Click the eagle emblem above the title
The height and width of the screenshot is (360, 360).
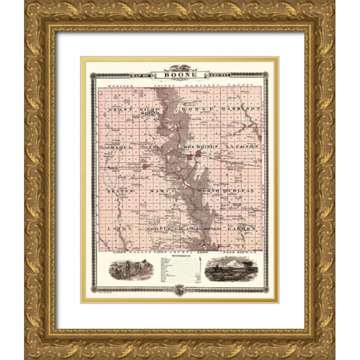[179, 65]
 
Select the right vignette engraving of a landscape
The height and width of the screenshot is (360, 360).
[232, 267]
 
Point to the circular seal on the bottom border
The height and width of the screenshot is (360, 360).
[179, 289]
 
